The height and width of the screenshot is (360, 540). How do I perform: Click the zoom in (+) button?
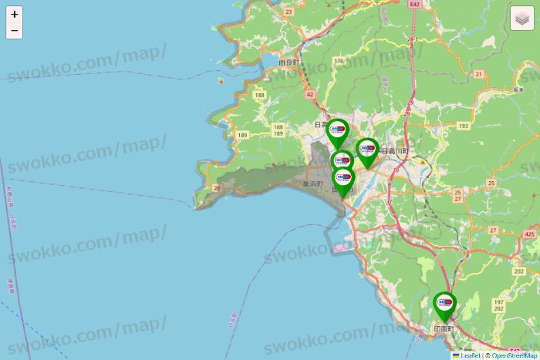tap(15, 14)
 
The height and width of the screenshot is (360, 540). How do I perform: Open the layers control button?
tap(522, 19)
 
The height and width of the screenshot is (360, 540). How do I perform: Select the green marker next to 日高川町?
tap(367, 150)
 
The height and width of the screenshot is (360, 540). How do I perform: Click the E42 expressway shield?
tap(415, 5)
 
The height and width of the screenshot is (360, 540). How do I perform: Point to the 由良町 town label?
tap(289, 62)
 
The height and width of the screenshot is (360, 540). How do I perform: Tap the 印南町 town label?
tap(444, 328)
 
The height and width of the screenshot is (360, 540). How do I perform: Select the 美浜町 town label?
tap(312, 184)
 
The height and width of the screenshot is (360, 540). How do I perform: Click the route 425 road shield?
tap(529, 234)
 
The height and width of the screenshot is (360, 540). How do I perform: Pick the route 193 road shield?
tap(463, 125)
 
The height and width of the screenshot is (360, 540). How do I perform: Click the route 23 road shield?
tap(289, 12)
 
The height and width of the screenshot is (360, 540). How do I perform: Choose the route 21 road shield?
tap(478, 74)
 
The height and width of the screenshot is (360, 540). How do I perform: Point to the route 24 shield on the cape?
tap(218, 187)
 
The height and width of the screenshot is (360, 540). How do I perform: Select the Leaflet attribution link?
tap(469, 355)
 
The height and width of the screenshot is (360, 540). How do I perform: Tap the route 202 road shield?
tap(519, 271)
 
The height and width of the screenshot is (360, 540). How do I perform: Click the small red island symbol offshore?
tap(221, 81)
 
